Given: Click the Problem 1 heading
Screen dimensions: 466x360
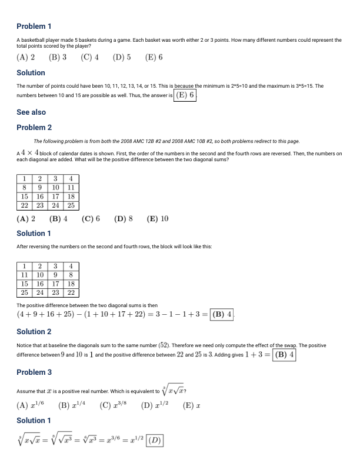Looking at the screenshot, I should (x=34, y=26).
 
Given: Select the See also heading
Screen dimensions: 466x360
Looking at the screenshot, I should (x=31, y=112).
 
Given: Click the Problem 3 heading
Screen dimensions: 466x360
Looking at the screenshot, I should (x=34, y=372).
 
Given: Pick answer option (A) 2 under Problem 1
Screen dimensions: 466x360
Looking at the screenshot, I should (x=25, y=58).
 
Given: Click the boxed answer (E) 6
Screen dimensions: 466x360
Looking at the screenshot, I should (x=185, y=95).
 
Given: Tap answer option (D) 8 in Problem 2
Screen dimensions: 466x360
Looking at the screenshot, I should (x=123, y=219).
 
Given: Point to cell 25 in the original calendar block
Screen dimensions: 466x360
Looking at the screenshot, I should (x=71, y=205).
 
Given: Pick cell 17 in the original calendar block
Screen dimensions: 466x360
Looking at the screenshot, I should (x=55, y=197).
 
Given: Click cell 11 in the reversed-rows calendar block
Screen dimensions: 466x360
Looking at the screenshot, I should (x=24, y=274).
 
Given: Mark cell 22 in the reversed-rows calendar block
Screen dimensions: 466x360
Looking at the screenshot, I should (x=71, y=292).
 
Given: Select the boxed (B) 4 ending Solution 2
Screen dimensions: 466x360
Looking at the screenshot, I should (x=285, y=355).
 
